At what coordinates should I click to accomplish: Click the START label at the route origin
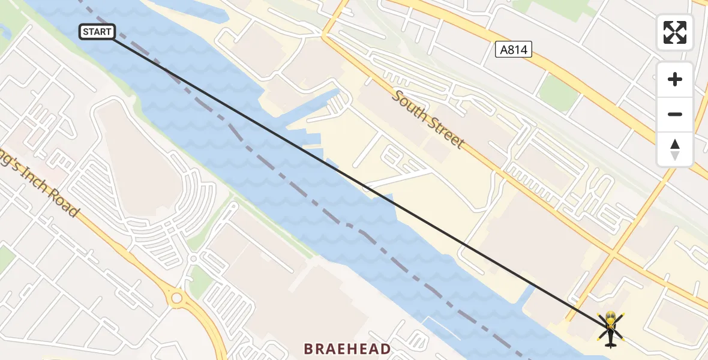tap(97, 32)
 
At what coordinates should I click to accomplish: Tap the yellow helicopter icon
tap(610, 329)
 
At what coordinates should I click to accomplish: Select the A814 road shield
tap(514, 49)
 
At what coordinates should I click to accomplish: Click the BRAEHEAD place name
tap(347, 349)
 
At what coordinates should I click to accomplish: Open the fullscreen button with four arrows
tap(675, 32)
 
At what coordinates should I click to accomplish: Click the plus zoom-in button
tap(675, 79)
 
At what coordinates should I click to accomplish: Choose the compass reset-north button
tap(675, 149)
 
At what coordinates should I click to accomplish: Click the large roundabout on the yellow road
tap(177, 298)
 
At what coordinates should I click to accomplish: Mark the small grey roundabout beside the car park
tap(194, 258)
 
